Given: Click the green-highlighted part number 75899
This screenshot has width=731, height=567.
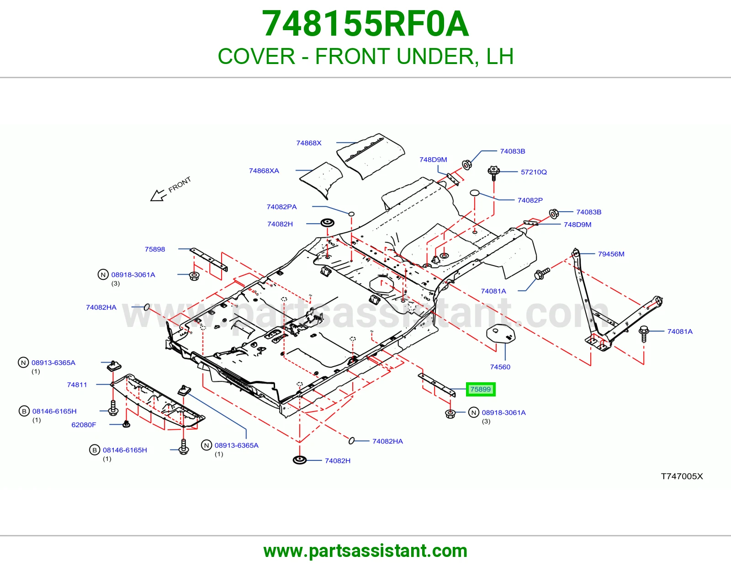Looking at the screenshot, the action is tap(480, 389).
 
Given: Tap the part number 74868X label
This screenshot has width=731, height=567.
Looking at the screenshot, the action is tap(308, 143).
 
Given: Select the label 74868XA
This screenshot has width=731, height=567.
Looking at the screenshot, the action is tap(264, 171).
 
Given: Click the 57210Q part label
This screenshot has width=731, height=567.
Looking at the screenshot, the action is tap(534, 172).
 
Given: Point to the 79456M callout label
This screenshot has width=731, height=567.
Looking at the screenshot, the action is tap(611, 254).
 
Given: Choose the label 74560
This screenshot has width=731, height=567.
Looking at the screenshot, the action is tap(500, 367).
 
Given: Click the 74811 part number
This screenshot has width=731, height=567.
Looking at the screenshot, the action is tap(77, 385).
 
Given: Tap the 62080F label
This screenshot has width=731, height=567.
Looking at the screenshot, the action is tap(84, 425).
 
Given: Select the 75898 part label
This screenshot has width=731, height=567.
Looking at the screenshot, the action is tap(155, 249).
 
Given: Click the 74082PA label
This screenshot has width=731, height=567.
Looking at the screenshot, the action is tap(281, 207).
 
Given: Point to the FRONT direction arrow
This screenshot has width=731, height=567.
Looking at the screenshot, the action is tap(158, 196).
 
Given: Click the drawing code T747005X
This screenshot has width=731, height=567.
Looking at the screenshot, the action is tap(682, 476).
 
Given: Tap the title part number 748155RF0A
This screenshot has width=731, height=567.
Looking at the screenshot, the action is tap(365, 24).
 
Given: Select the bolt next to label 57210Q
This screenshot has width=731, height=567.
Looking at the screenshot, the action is tap(493, 173).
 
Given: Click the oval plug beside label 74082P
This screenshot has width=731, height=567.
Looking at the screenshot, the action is tap(474, 193).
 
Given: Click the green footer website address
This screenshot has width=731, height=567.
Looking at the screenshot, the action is tap(365, 551).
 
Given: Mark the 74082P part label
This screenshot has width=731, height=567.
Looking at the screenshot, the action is tap(530, 200).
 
